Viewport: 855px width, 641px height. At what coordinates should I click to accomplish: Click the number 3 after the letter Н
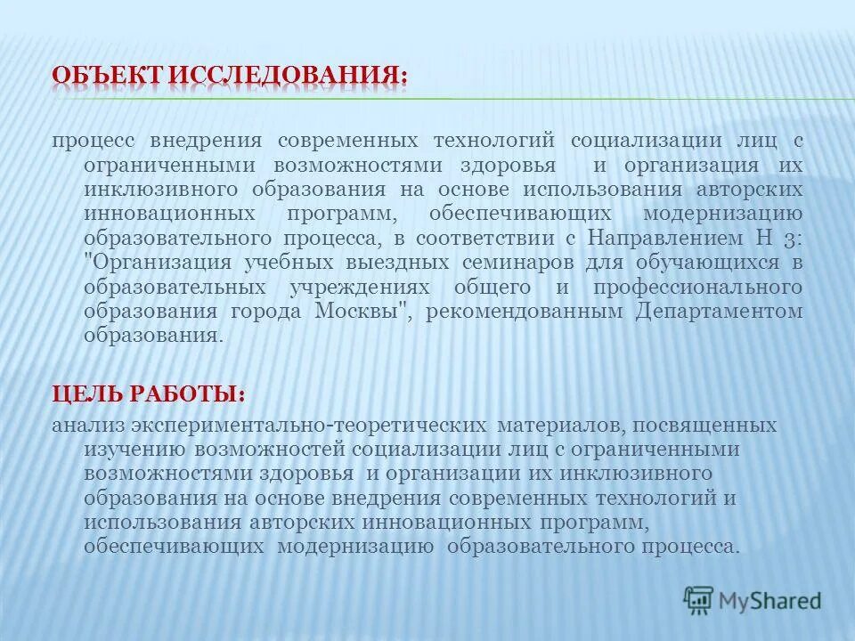click(x=794, y=239)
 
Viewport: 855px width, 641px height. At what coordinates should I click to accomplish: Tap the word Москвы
click(x=361, y=312)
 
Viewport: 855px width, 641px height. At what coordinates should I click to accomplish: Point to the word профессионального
click(x=704, y=287)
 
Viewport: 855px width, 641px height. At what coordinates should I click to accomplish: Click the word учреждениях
click(x=361, y=287)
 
